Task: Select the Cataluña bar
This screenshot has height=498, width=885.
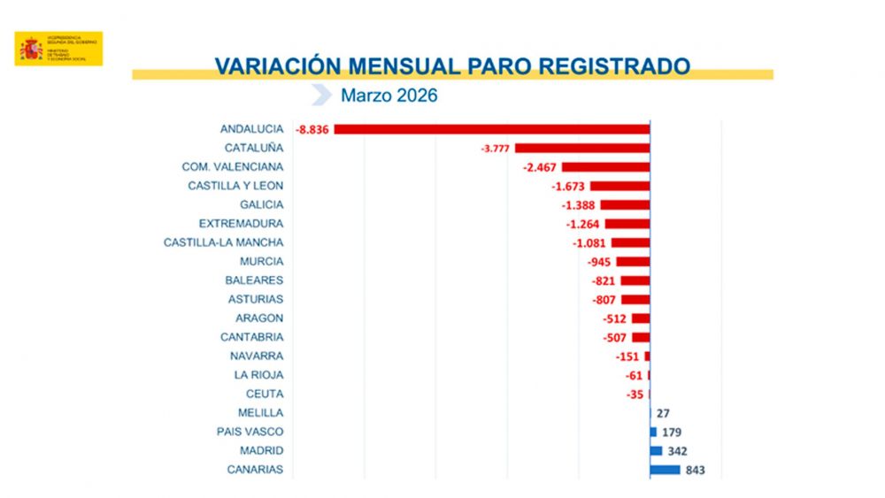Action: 582,148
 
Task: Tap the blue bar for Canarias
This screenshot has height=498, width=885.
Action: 665,470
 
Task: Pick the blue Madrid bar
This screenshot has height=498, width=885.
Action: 656,451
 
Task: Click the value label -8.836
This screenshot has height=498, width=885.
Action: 313,129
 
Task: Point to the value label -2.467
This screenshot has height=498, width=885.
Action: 539,167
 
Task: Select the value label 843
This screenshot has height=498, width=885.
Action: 696,470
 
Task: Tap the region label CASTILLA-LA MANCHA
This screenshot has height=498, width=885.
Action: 223,242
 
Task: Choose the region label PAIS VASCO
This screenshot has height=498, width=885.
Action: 250,432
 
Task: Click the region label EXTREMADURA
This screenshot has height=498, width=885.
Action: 241,224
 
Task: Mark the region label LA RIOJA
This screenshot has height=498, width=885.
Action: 258,375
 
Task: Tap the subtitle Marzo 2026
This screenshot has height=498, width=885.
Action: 389,96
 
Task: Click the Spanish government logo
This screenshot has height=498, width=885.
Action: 58,49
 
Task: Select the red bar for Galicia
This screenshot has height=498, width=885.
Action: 625,204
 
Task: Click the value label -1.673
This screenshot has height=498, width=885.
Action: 568,186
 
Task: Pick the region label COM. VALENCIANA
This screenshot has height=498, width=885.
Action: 232,167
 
